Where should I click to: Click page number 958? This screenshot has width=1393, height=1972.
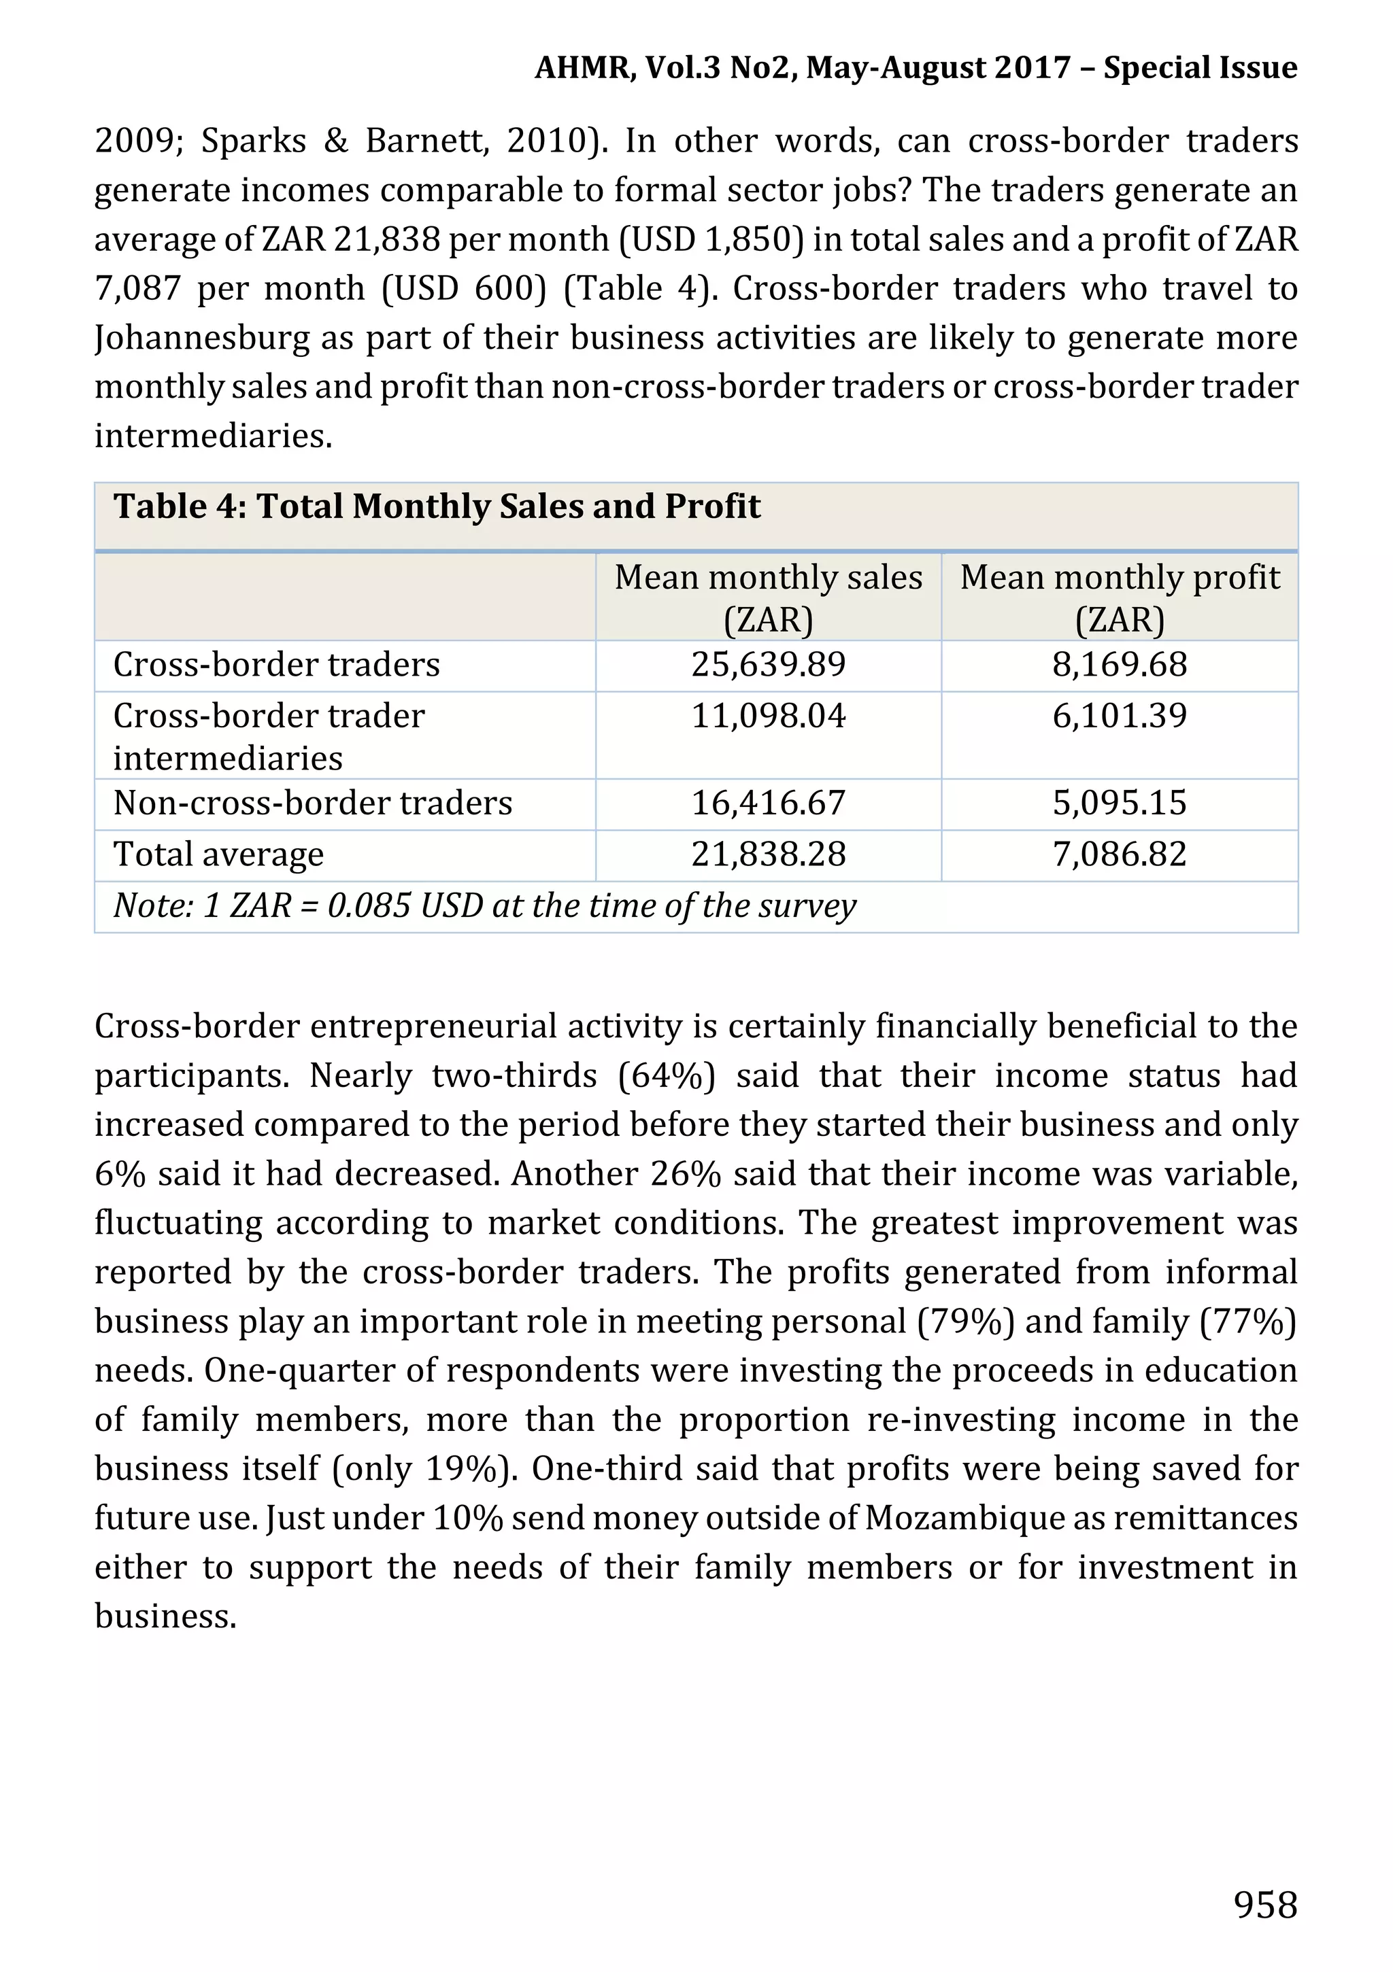pos(1265,1904)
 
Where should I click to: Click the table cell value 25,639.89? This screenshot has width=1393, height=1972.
pos(768,665)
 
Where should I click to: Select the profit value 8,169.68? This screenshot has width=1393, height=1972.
pos(1119,665)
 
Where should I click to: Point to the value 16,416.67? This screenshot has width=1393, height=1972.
pos(768,803)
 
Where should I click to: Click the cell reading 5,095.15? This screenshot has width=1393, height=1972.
pos(1119,803)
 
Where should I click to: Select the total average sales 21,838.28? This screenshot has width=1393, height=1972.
pos(768,854)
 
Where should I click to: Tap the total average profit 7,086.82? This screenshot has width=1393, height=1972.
pos(1119,854)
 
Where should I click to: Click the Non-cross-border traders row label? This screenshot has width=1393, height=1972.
pos(313,803)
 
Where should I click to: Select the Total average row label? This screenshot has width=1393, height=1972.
pos(218,854)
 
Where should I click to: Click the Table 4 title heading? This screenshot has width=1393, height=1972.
pos(437,506)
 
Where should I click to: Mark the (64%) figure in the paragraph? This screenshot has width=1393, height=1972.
pos(666,1076)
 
